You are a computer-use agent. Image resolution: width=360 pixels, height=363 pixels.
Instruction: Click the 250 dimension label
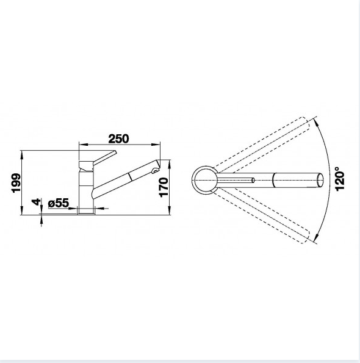point(118,138)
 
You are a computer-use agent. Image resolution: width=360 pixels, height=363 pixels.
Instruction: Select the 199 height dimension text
point(16,182)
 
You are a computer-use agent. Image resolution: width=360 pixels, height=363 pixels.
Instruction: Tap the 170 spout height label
point(164,187)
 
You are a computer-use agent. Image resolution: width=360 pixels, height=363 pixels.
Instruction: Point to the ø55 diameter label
point(59,203)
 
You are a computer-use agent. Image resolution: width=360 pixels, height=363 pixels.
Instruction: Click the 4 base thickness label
point(37,202)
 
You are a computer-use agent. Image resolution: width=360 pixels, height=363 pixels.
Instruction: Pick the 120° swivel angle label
point(340,179)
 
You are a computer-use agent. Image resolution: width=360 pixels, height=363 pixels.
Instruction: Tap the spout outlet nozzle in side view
point(155,171)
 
